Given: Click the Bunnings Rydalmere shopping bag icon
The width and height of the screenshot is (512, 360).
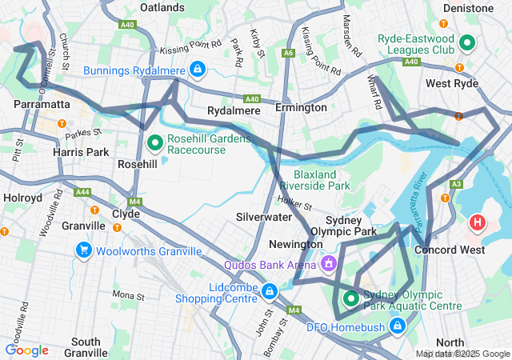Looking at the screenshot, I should coord(197,70).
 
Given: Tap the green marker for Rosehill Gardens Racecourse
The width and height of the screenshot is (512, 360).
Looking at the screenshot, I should coord(156,143).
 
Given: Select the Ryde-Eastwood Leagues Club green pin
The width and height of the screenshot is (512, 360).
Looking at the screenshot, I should coord(467,42).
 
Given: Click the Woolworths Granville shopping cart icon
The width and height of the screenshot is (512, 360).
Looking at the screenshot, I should coord(84,251).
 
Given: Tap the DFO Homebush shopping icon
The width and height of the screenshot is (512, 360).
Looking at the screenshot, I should coord(397,326).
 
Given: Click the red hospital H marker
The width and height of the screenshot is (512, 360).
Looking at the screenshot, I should coord(478,222).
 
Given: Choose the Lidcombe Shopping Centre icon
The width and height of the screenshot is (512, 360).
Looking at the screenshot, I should coord(270,290).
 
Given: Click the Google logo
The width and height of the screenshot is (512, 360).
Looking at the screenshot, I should coord(26,350).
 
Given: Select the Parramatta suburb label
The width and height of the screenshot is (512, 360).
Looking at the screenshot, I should coord(42,105).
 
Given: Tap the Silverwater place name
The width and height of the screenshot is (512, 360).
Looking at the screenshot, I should coord(263,217).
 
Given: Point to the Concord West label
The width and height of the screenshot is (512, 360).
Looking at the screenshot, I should coord(449,250).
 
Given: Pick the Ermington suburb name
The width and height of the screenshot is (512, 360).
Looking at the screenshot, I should coord(301,107).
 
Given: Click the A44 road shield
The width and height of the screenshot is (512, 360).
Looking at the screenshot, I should coord(82,192).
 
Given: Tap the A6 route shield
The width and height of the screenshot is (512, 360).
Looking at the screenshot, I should coord(288,53).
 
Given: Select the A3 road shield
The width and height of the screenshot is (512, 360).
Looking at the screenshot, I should coord(456,184).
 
